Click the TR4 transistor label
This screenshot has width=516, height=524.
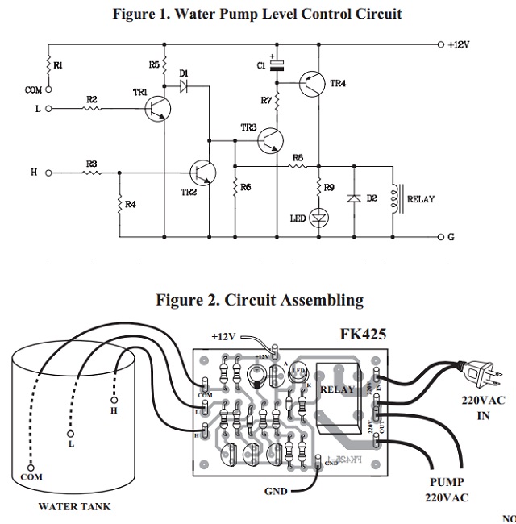[338, 84]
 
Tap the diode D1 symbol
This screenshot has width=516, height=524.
[184, 85]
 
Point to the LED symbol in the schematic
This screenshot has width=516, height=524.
[319, 217]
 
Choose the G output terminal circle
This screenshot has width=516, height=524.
[440, 237]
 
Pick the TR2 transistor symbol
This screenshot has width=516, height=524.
[202, 172]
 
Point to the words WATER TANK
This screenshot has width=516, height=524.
[75, 507]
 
